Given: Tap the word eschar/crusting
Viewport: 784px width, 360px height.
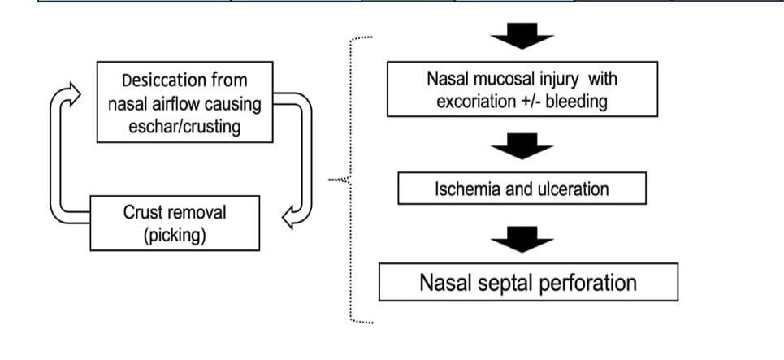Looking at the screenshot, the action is [184, 127].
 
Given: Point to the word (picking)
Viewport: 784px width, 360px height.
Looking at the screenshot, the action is [175, 236].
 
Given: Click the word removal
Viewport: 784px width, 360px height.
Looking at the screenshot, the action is [194, 212].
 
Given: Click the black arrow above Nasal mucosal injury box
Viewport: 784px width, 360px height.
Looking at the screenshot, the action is [522, 36].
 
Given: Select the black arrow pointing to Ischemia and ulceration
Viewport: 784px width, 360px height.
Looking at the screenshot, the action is [522, 146].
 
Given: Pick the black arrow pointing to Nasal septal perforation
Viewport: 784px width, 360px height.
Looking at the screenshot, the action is [522, 239].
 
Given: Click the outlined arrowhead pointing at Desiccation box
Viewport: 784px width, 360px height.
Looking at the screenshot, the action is [74, 94].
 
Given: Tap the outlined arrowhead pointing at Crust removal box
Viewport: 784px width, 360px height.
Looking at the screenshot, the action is [289, 218].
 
